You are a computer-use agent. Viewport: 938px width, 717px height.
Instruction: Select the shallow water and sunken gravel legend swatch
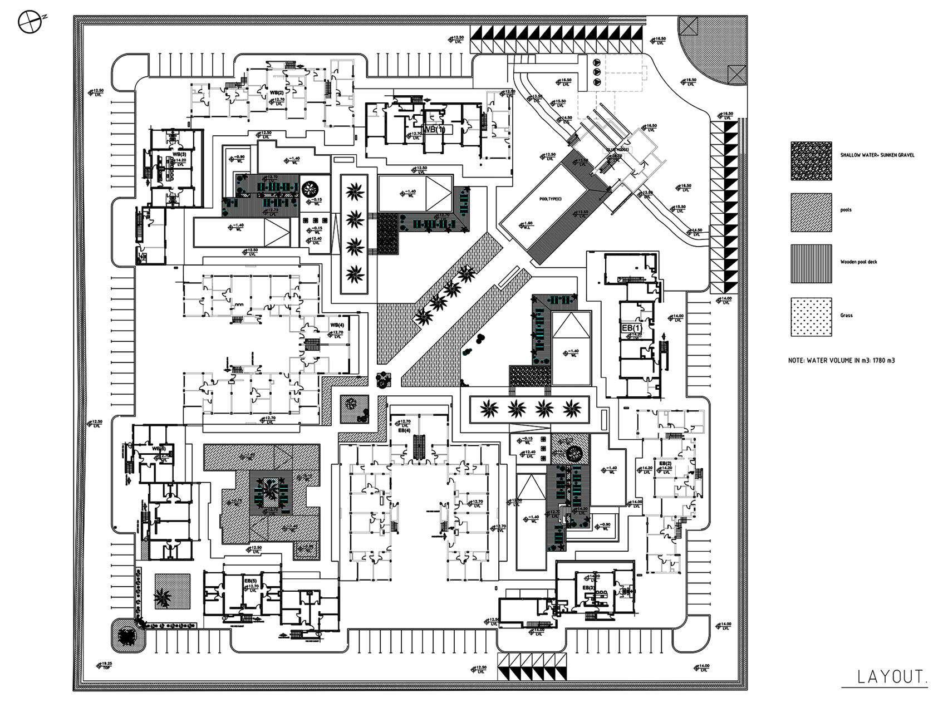click(811, 161)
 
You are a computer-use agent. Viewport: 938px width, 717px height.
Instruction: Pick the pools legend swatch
click(811, 212)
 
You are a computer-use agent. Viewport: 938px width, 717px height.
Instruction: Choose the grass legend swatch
click(811, 317)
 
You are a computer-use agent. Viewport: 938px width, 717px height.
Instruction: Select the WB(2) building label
click(277, 92)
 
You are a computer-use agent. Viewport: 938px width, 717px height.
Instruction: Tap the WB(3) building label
click(179, 154)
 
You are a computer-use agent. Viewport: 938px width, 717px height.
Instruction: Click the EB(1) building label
click(631, 328)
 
